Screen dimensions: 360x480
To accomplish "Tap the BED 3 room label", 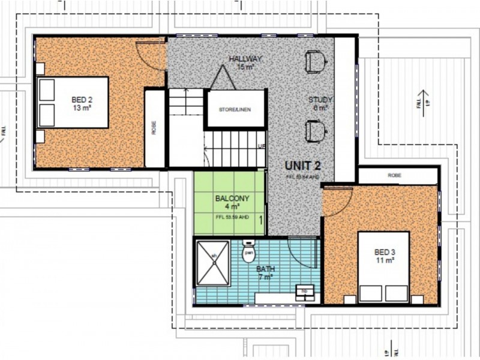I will (x=385, y=256).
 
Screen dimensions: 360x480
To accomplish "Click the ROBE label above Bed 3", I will (x=394, y=176).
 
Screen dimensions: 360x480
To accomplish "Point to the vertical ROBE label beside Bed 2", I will (x=154, y=128).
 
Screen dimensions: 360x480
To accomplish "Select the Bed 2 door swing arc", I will (x=150, y=57).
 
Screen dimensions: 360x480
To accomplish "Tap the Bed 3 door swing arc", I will (x=337, y=201).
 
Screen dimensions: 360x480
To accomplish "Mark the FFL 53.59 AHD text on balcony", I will (x=231, y=217).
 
